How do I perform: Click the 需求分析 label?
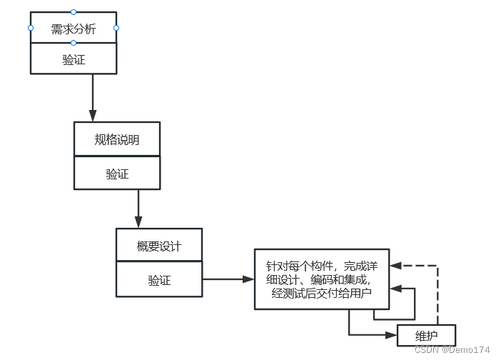click(x=73, y=29)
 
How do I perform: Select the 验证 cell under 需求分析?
click(x=73, y=60)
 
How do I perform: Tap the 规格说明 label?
click(x=116, y=139)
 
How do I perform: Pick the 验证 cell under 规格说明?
click(x=116, y=174)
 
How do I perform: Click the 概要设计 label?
click(x=159, y=246)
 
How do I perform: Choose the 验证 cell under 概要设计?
click(x=159, y=280)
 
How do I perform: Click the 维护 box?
click(x=426, y=335)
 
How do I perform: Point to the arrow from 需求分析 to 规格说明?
click(x=93, y=97)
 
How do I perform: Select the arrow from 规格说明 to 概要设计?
click(x=138, y=209)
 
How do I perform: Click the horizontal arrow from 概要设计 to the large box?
click(x=228, y=279)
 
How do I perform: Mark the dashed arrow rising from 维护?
click(x=437, y=293)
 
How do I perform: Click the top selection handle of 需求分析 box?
click(x=73, y=11)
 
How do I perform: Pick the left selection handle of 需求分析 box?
click(x=31, y=28)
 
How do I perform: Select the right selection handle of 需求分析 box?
click(x=116, y=28)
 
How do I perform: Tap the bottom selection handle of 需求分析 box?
click(x=73, y=43)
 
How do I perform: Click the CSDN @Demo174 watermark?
click(x=452, y=350)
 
